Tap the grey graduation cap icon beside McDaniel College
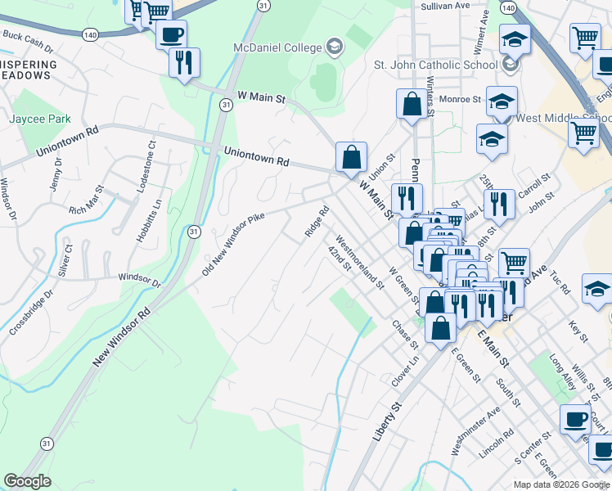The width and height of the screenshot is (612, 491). click(334, 45)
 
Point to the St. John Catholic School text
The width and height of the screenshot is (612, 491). click(435, 64)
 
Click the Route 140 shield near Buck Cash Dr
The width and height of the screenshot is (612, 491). click(91, 34)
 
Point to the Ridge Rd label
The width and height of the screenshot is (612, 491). click(317, 221)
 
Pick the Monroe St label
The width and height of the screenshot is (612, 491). click(460, 99)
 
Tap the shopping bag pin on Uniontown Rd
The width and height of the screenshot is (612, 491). click(351, 157)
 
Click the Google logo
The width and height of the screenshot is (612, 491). click(28, 481)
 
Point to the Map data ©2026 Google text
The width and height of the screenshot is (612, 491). click(561, 484)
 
